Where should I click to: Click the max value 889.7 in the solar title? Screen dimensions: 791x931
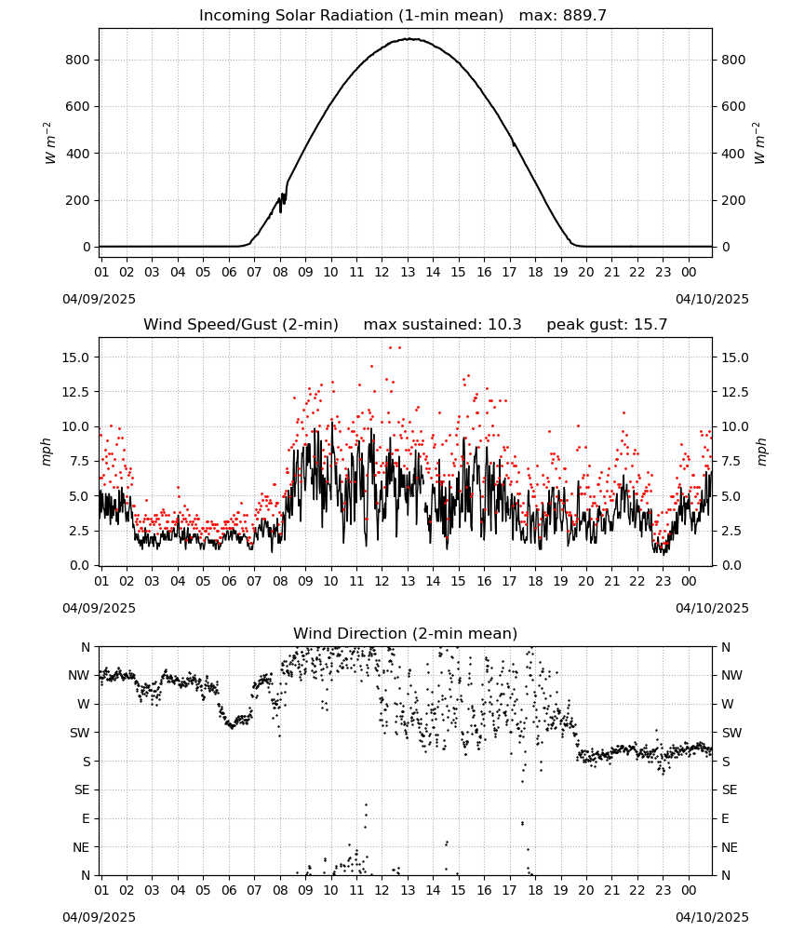584,16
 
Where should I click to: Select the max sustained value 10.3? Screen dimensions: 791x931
504,325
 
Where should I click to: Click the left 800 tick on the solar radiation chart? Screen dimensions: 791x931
78,60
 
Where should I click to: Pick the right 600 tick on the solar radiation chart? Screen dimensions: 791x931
733,107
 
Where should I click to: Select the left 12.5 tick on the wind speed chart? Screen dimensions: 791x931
76,392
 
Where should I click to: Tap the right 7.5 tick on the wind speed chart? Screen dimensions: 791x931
732,462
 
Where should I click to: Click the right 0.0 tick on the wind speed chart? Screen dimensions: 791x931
732,565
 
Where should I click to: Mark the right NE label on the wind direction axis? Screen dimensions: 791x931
730,847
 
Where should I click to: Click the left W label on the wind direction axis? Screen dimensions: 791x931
85,704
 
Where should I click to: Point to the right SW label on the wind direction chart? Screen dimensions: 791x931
731,733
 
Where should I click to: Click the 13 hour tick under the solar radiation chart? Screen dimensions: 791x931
408,272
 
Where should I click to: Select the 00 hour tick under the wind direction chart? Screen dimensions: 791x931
689,890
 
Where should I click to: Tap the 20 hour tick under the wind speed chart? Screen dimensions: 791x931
586,581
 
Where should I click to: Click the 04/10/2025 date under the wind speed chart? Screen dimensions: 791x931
712,609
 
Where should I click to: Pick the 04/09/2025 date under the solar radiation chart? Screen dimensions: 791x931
99,299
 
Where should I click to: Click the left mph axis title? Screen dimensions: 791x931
47,452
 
